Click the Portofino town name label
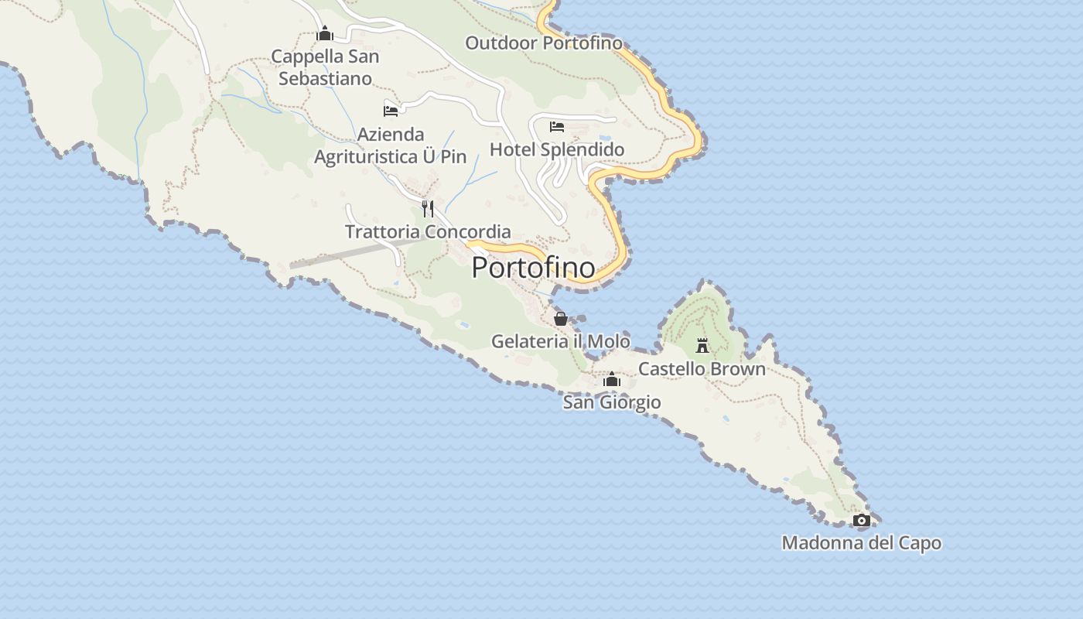tap(534, 268)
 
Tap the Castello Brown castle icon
tap(702, 345)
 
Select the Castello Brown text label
tap(702, 369)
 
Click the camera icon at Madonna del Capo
tap(861, 521)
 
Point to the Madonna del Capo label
tap(861, 543)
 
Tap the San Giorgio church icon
tap(612, 380)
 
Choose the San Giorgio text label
tap(612, 402)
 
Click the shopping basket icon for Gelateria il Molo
tap(561, 318)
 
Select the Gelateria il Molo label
tap(561, 341)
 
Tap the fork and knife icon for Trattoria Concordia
tap(428, 208)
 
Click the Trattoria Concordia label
tap(428, 231)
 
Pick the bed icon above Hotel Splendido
tap(557, 127)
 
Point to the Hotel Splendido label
tap(557, 149)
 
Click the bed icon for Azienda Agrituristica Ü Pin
tap(391, 111)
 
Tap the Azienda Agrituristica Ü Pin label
tap(391, 145)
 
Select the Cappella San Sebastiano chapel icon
tap(325, 33)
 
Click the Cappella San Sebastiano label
tap(325, 67)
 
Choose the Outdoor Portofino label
tap(543, 43)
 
